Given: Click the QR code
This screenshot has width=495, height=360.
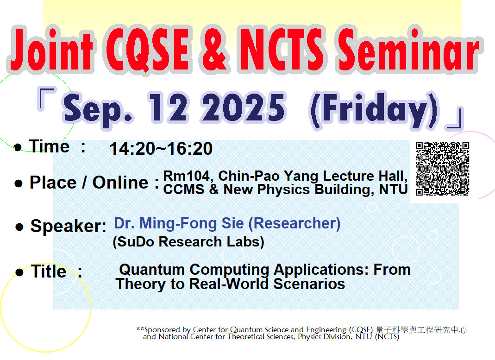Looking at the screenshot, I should coord(442,169).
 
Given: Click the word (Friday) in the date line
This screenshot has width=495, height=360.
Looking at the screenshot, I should coord(374,110).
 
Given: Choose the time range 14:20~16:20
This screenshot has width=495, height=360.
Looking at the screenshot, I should coord(161,149).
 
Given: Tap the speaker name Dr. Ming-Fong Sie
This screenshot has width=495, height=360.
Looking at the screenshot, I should coord(179,223).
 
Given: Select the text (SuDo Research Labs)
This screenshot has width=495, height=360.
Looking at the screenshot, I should coord(188,242).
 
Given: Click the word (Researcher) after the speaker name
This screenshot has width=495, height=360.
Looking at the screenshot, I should coord(294,223).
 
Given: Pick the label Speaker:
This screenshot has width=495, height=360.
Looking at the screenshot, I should coord(68,227).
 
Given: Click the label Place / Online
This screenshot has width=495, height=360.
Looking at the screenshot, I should coord(88,183).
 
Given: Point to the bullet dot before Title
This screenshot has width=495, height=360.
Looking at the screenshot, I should coord(19,273).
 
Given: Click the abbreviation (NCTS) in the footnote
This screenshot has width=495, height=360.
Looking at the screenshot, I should coord(387,337).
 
